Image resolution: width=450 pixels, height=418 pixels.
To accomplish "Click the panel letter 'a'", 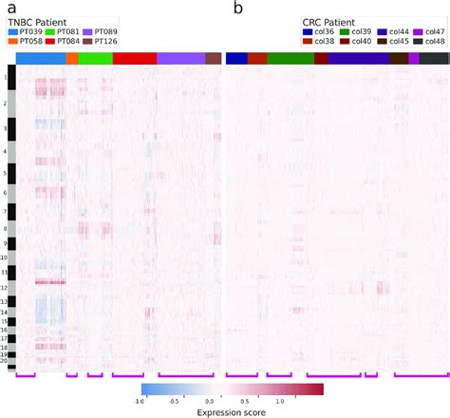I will (11, 8).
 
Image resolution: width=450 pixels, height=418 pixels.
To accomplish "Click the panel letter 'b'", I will (238, 8).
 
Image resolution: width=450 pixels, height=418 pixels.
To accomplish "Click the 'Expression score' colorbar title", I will (233, 412).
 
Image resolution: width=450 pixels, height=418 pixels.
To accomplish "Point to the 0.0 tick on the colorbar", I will (234, 401).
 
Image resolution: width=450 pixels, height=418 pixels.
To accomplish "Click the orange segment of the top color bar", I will (72, 58).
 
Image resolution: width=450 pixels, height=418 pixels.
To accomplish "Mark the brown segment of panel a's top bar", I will (213, 58).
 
